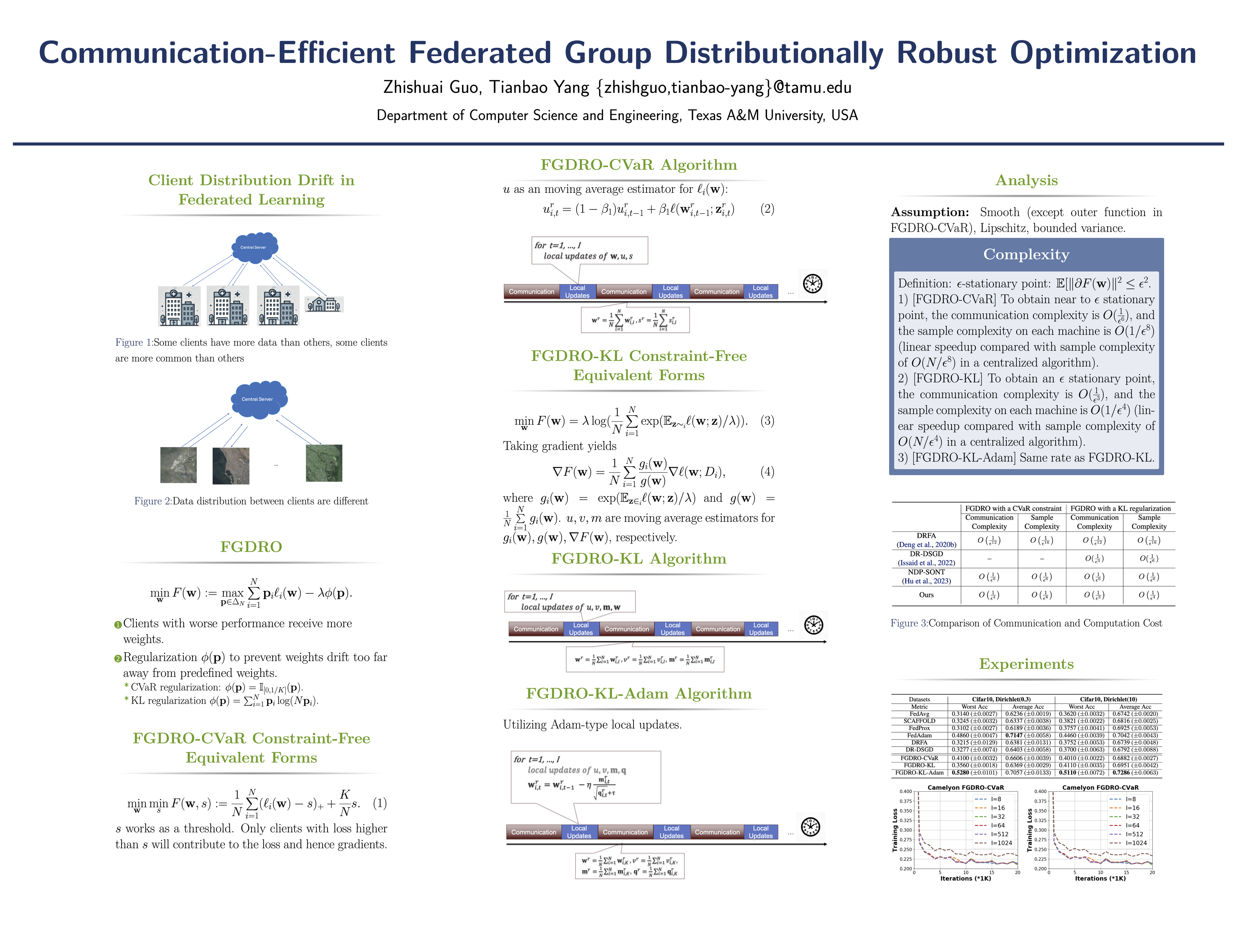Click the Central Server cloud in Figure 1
[x=254, y=247]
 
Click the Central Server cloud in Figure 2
[x=258, y=399]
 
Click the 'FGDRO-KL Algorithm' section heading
[x=638, y=559]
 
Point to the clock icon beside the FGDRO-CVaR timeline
[x=812, y=284]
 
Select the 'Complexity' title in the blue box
[x=1026, y=255]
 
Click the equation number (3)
[x=767, y=420]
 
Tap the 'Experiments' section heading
[x=1026, y=664]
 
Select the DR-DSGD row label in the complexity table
[x=926, y=554]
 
